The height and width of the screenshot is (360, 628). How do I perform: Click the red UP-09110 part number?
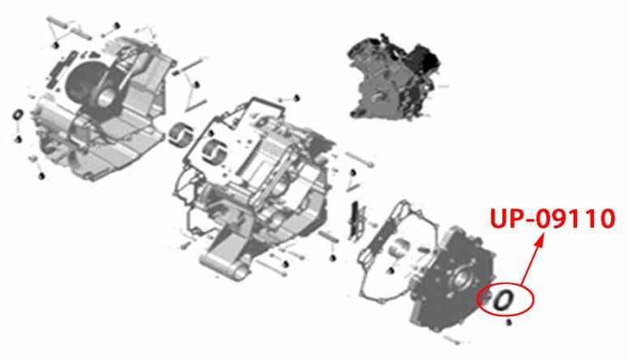pos(553,219)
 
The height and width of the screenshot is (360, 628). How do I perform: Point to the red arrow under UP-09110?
pos(532,259)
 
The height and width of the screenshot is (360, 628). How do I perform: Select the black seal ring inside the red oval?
pos(502,300)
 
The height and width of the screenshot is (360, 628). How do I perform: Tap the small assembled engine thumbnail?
pos(395,77)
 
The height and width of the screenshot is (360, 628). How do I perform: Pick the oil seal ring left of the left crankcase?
pos(18,114)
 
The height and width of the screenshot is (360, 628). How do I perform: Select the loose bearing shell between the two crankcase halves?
pos(179,135)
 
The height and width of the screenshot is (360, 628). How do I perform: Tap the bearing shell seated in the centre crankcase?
pos(212,152)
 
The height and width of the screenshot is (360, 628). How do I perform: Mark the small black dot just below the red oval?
pos(509,322)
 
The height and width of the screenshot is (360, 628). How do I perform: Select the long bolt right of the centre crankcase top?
pos(359,159)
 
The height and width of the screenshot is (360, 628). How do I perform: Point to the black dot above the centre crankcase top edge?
pos(297,97)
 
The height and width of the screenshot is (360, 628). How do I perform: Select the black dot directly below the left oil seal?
pos(18,139)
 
